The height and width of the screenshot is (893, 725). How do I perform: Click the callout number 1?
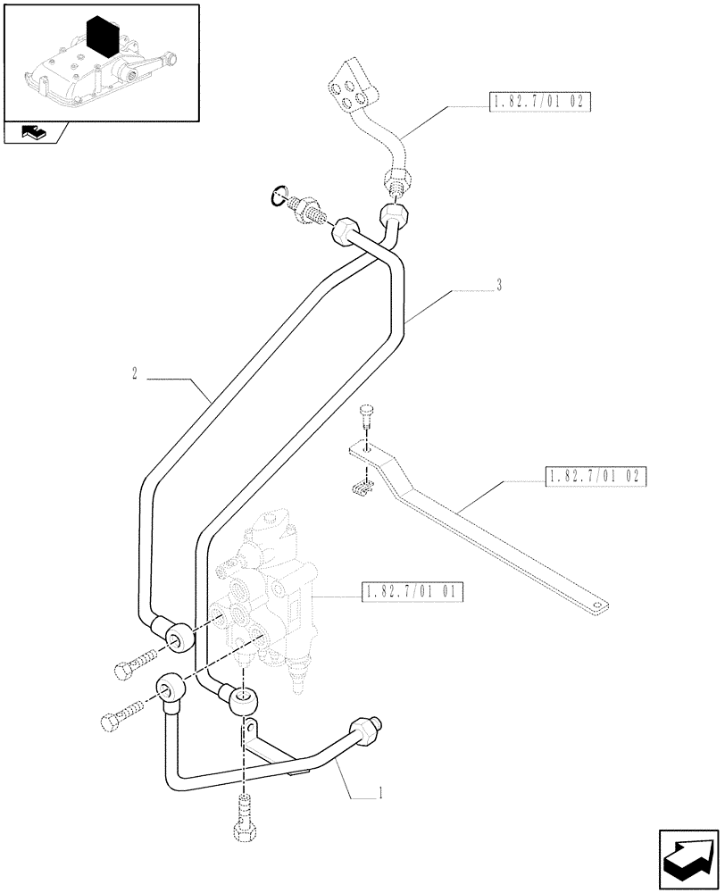tap(382, 791)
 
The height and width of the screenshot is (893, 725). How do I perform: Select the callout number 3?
tap(499, 286)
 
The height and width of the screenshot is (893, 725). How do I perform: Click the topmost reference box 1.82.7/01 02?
tap(541, 102)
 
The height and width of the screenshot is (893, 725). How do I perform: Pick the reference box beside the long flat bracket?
tap(594, 475)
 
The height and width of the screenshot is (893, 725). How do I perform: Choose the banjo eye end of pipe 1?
tap(170, 690)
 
